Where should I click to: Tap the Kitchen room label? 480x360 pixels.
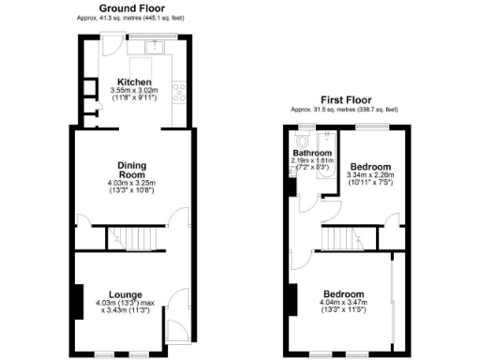pos(132,81)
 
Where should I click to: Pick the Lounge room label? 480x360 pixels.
pos(126,293)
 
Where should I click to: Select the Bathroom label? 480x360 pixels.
pos(312,152)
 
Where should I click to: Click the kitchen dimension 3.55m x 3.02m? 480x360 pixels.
pos(131,91)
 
